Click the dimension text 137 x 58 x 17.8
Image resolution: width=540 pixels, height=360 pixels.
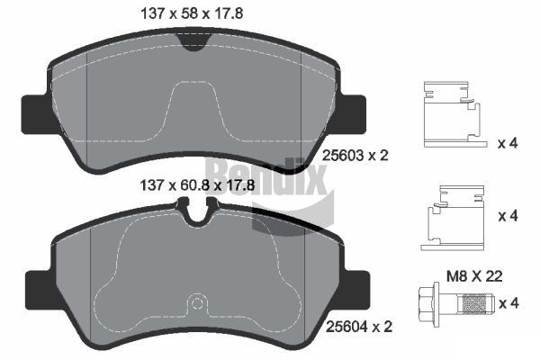[192, 13]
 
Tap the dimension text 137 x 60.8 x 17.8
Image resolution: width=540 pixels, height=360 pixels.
[197, 185]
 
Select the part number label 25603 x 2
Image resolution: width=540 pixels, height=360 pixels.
[355, 156]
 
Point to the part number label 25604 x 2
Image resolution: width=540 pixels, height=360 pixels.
[359, 326]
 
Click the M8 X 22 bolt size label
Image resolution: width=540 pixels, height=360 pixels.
[474, 276]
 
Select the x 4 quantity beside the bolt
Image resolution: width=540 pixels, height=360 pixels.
[509, 303]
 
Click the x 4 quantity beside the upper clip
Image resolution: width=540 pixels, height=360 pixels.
[508, 142]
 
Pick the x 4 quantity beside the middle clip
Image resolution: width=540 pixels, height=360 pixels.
[508, 216]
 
